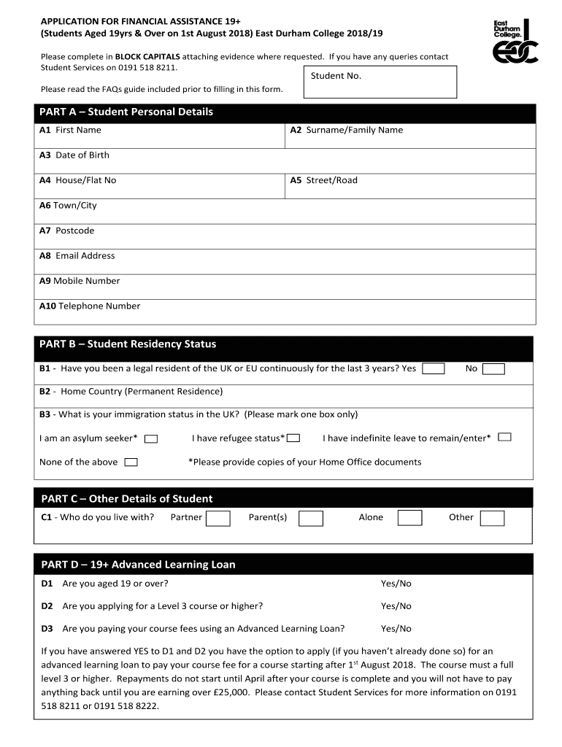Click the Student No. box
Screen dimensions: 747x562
click(x=379, y=82)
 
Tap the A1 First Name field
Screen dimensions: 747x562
click(x=160, y=136)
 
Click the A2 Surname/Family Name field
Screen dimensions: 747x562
click(x=409, y=136)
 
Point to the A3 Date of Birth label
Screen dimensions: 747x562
click(x=74, y=155)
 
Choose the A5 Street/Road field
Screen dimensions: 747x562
click(x=409, y=186)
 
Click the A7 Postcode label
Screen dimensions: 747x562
click(x=67, y=231)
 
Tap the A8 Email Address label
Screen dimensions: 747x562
click(x=77, y=256)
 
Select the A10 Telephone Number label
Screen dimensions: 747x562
click(x=90, y=306)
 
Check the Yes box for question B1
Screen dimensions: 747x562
click(x=434, y=368)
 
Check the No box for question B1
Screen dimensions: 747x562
click(x=493, y=368)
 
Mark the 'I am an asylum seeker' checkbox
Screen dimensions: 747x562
click(x=151, y=438)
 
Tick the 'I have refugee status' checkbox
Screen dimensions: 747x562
click(x=293, y=438)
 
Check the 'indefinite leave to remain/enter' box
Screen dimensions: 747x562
click(x=504, y=437)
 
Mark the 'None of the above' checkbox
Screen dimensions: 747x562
click(x=131, y=462)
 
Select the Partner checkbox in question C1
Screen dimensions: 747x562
click(x=218, y=518)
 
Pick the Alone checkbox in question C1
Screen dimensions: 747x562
click(x=409, y=518)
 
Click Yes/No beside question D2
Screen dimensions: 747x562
click(x=396, y=606)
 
